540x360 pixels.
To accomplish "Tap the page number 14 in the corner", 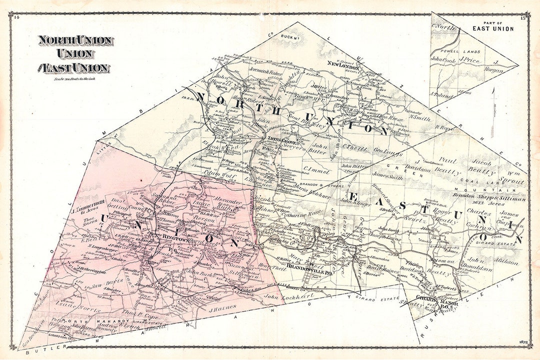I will tap(16, 18).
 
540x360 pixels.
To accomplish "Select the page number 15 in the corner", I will tap(522, 18).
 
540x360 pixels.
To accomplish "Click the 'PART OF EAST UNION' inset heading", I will tap(493, 26).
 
